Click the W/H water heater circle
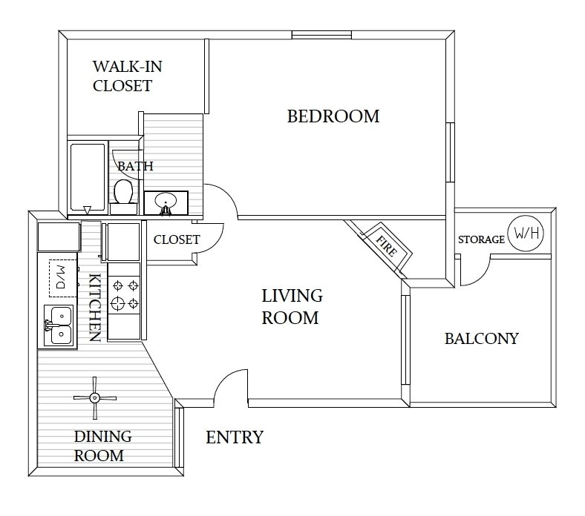(x=526, y=233)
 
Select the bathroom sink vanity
(x=166, y=202)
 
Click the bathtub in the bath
(x=87, y=178)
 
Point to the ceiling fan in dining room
(x=95, y=397)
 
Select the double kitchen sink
(x=57, y=325)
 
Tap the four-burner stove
(x=124, y=294)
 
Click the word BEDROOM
(x=333, y=116)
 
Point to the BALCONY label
(x=481, y=339)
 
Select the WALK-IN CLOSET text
(x=122, y=76)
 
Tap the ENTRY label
(x=234, y=437)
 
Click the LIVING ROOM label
(x=292, y=307)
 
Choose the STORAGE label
(x=481, y=239)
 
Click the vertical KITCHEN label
(x=95, y=308)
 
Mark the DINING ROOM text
(x=99, y=446)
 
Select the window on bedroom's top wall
(x=321, y=34)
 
